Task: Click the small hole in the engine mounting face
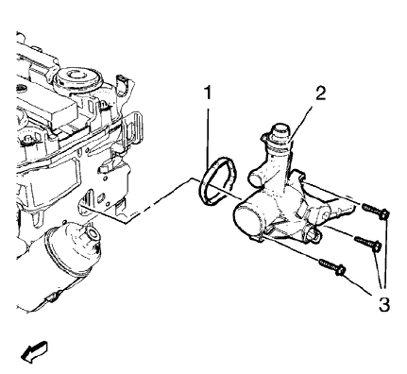88,200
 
